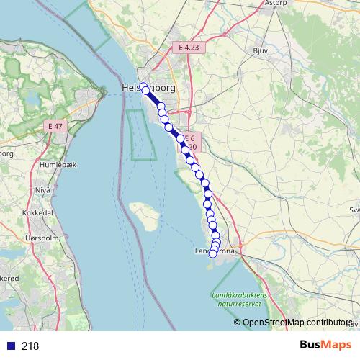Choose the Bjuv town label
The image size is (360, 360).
(x=261, y=51)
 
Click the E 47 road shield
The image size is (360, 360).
(x=55, y=126)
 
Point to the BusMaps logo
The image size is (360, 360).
(x=326, y=345)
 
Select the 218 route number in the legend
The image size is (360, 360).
(x=30, y=346)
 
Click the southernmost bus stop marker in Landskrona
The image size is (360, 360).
(x=212, y=253)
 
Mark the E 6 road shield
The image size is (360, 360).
(x=189, y=138)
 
